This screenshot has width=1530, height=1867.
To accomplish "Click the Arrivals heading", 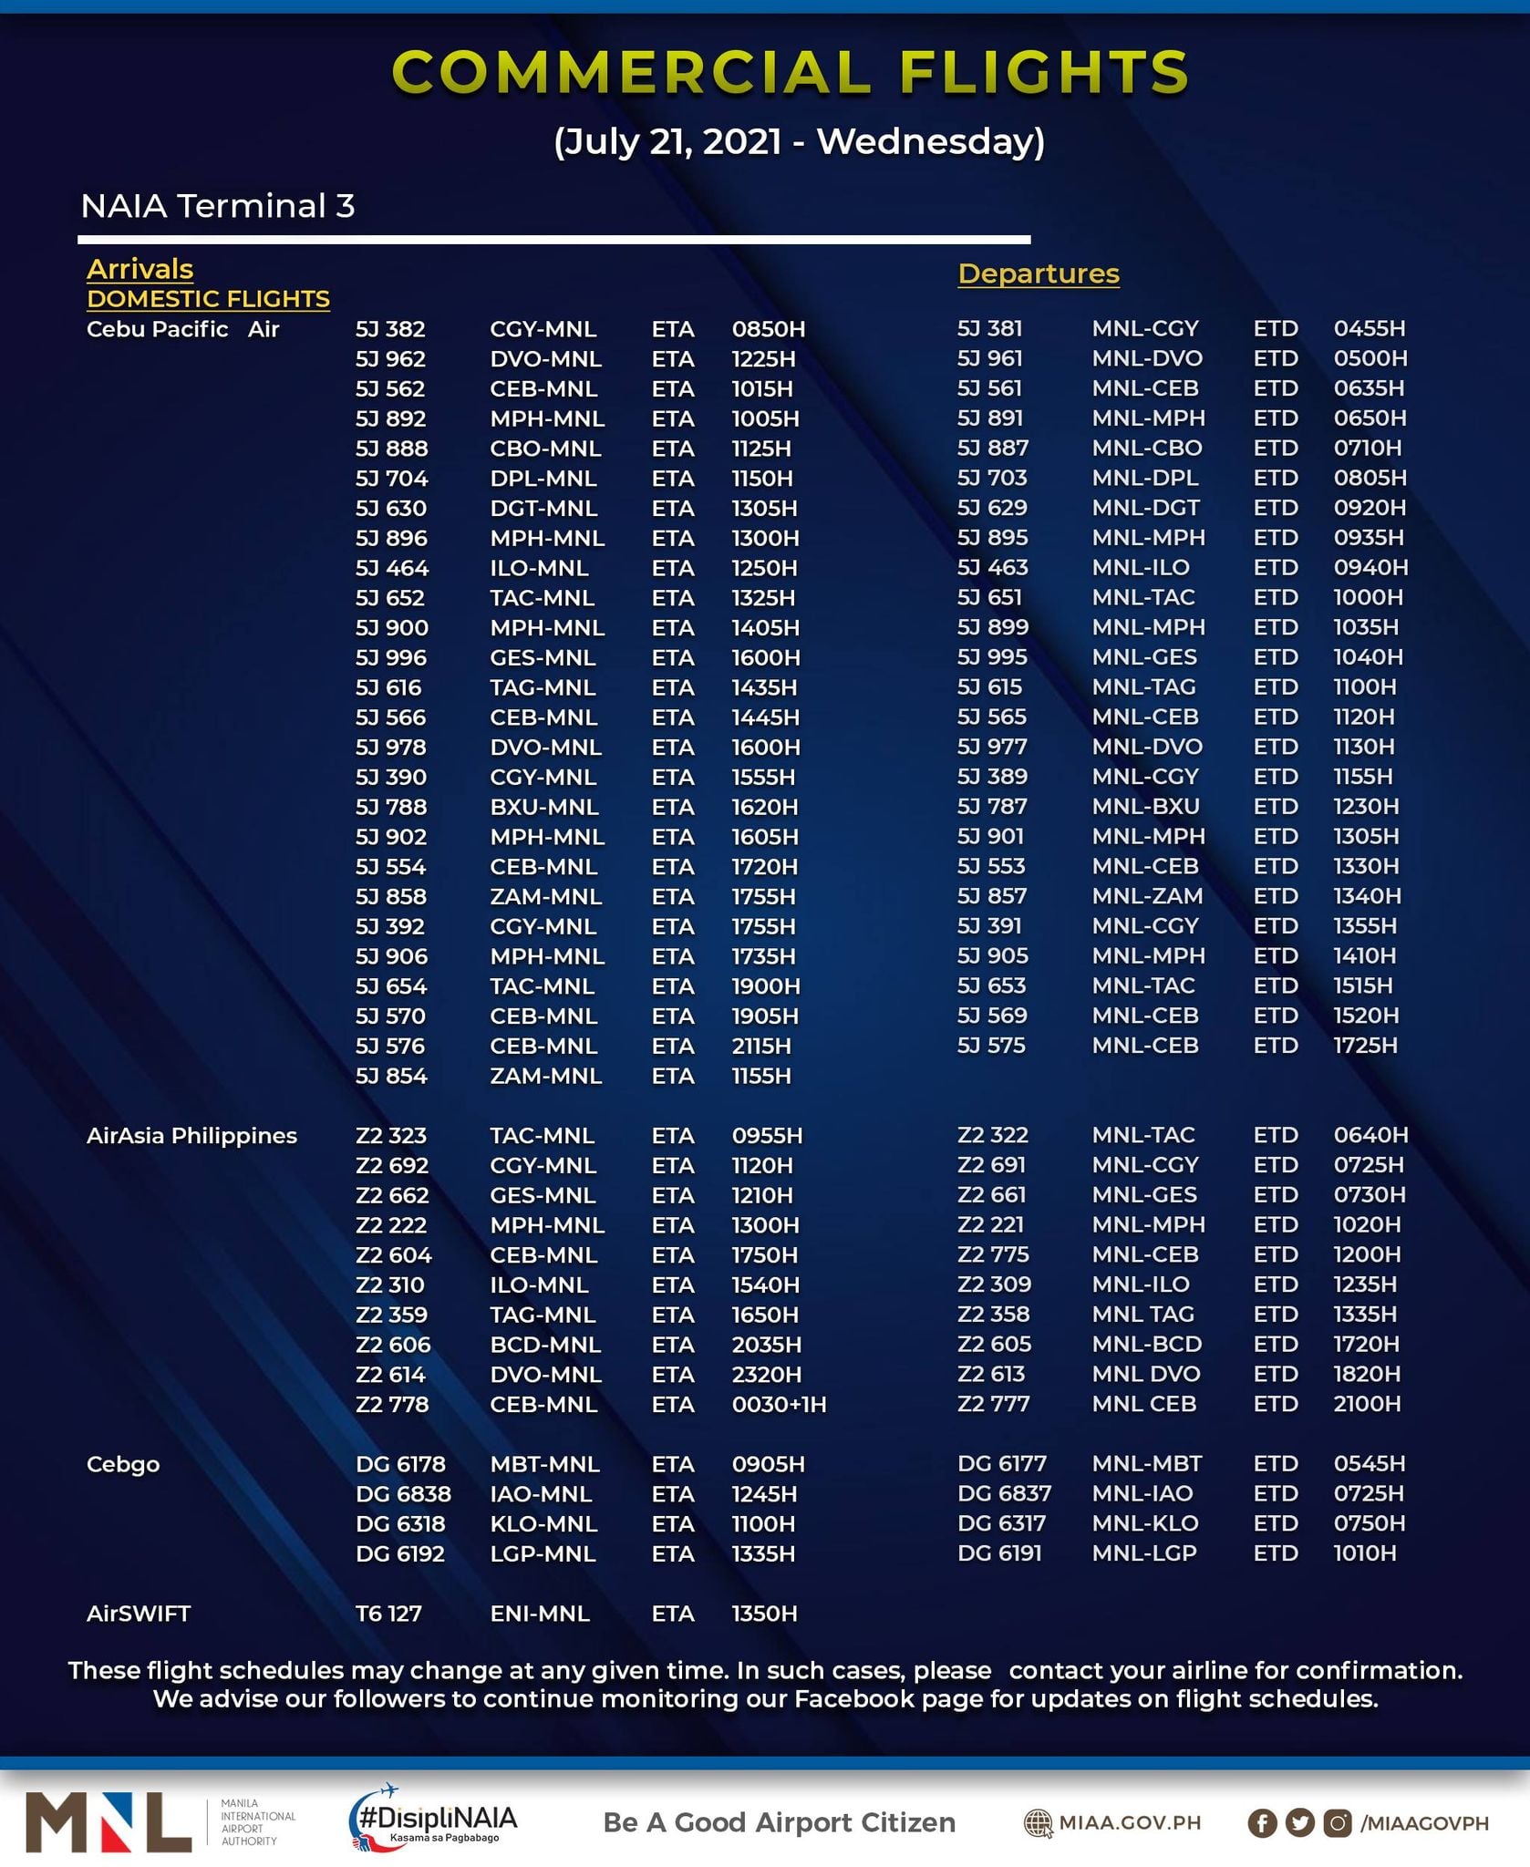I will [x=140, y=269].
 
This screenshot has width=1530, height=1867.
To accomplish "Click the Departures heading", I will [x=1038, y=273].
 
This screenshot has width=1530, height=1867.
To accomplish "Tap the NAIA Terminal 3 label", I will [x=217, y=206].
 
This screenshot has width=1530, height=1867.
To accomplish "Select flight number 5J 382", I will [x=390, y=329].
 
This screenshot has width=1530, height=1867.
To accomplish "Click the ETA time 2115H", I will [x=761, y=1046].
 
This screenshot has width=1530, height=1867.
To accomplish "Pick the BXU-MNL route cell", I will [x=544, y=807].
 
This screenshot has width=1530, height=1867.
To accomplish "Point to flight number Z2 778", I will [x=392, y=1404].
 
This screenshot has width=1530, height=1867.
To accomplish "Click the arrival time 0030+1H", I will [x=779, y=1404].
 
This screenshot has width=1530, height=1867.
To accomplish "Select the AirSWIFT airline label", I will [x=139, y=1614].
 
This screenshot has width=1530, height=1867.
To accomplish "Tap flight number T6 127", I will [x=388, y=1614].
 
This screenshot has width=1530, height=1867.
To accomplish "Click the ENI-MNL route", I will [x=540, y=1614].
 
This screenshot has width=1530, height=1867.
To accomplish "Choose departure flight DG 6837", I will [x=1004, y=1493].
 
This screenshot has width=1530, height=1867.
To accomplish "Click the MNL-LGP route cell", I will [x=1144, y=1552].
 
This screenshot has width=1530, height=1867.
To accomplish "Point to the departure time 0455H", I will [x=1369, y=328].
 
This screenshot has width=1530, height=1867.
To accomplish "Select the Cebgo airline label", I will [x=123, y=1464].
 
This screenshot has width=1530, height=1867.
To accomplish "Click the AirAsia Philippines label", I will [x=191, y=1136].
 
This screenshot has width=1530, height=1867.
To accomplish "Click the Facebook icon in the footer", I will [x=1262, y=1823].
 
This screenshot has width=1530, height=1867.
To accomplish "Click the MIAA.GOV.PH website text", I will [x=1129, y=1823].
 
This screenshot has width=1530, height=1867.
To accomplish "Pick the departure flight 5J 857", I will [x=992, y=896].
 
